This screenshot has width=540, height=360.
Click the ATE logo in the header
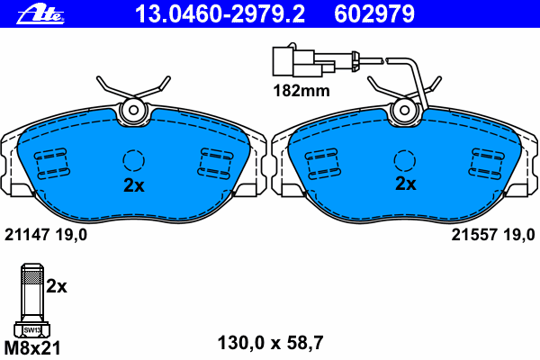click(40, 14)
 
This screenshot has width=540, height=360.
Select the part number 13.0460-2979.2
click(220, 14)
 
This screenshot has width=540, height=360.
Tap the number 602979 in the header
click(374, 14)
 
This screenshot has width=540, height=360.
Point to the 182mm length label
click(301, 91)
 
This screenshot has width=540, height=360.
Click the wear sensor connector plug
click(303, 62)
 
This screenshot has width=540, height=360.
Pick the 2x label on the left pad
click(134, 185)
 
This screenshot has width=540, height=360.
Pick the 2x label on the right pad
click(405, 184)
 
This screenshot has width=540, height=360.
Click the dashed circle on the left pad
click(133, 160)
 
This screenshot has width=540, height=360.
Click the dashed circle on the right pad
click(405, 160)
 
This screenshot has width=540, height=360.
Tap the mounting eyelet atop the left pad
click(133, 110)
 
